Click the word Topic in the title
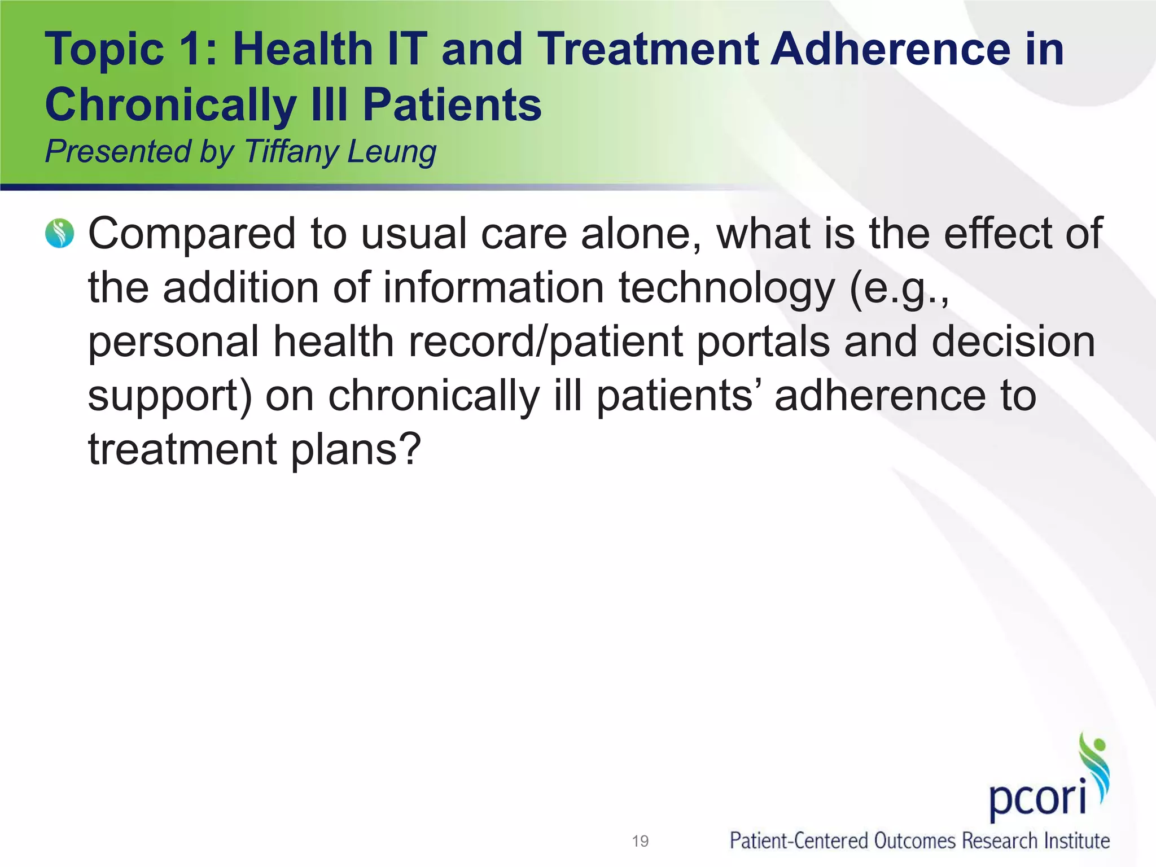pyautogui.click(x=104, y=50)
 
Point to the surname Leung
pyautogui.click(x=392, y=153)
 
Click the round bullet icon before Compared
pyautogui.click(x=59, y=234)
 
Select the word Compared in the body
pyautogui.click(x=192, y=234)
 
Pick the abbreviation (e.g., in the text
pyautogui.click(x=900, y=288)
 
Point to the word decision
pyautogui.click(x=1013, y=341)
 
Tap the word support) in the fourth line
pyautogui.click(x=170, y=396)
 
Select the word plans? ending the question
pyautogui.click(x=356, y=450)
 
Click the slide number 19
pyautogui.click(x=640, y=841)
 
